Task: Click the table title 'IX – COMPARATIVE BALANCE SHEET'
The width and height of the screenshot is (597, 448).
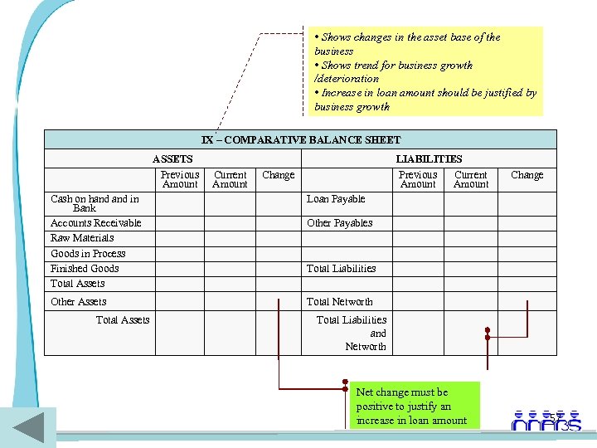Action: pos(300,140)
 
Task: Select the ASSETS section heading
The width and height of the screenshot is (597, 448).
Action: pos(172,158)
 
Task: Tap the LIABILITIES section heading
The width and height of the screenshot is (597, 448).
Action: pos(429,158)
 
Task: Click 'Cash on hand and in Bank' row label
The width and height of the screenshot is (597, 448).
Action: pos(95,203)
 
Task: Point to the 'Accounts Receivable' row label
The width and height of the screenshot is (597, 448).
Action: pos(95,223)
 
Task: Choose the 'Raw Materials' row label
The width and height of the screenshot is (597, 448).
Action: pos(82,238)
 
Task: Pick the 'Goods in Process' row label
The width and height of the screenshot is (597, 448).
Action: pos(88,254)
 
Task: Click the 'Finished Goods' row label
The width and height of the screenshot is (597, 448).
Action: pos(85,269)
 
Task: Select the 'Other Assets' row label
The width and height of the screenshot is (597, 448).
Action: pos(78,302)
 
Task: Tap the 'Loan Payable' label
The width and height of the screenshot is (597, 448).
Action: pos(336,199)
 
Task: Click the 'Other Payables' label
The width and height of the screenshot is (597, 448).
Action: pos(339,223)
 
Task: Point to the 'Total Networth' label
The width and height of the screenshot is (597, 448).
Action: pos(339,302)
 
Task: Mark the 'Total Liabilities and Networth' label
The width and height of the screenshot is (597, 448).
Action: pos(352,333)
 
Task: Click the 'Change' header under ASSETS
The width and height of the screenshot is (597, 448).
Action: pos(278,175)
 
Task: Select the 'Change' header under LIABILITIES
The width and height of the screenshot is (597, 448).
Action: pos(527,175)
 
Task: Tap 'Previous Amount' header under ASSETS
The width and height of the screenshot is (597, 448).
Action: pos(180,179)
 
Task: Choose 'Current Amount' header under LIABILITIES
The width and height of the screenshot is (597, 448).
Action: pos(471,179)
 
